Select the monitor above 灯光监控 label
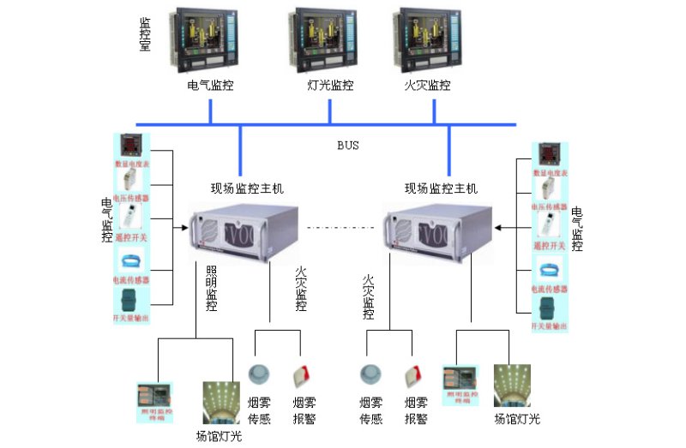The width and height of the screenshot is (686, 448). tap(329, 39)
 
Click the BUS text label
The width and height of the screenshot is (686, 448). tap(347, 146)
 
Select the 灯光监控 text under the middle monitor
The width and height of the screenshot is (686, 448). tap(330, 86)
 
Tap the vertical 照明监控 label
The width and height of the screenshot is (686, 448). tap(211, 287)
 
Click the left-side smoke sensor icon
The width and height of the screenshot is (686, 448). tap(259, 374)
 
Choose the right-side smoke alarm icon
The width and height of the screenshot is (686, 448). tap(416, 376)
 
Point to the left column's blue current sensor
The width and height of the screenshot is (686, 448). tap(131, 260)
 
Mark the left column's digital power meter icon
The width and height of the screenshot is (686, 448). tap(131, 145)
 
